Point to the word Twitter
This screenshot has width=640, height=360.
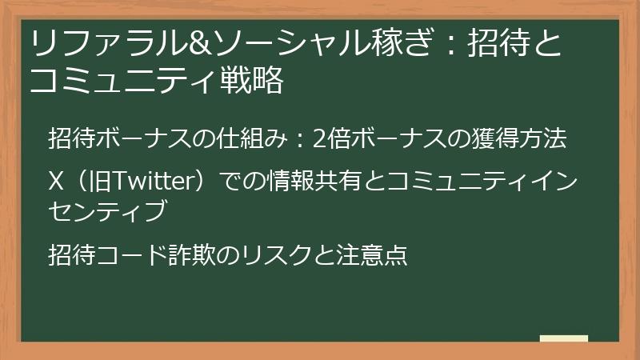[x=150, y=183]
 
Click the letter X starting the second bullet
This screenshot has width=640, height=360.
[x=56, y=183]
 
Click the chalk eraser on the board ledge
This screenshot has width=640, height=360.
[x=563, y=338]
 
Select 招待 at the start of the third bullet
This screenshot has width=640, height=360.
[x=69, y=255]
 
